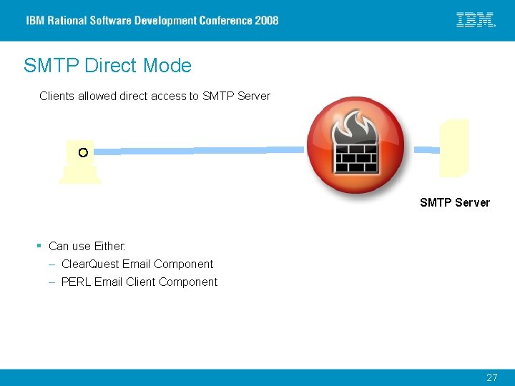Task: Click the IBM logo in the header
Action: tap(476, 20)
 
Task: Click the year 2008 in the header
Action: tap(266, 21)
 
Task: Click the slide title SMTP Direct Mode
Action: tap(107, 66)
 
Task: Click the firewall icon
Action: tap(355, 145)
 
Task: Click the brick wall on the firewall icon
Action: tap(355, 158)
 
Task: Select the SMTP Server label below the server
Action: tap(455, 202)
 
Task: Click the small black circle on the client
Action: tap(83, 152)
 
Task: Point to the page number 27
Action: tap(491, 377)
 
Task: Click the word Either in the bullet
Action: tap(109, 246)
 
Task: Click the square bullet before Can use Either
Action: tap(39, 246)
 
